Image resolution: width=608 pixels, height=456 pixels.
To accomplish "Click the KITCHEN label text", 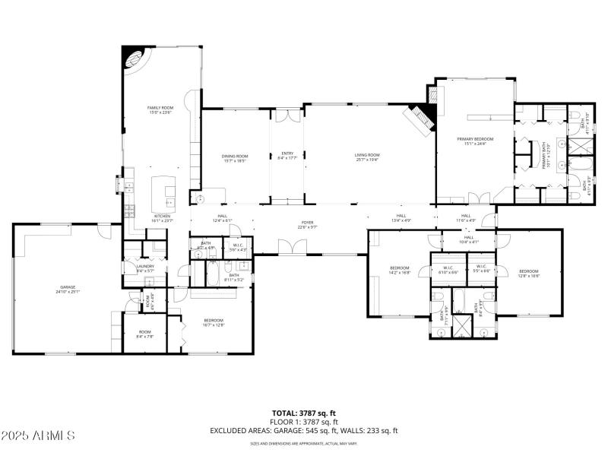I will click(163, 218).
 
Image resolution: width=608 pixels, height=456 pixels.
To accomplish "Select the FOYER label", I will click(306, 224).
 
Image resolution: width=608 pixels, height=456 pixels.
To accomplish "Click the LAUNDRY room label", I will click(145, 268).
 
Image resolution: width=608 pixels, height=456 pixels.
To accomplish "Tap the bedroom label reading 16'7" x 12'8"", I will click(214, 322).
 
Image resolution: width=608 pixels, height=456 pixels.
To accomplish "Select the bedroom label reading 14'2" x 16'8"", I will click(400, 270).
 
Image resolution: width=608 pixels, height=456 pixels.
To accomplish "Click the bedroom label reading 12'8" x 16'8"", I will click(529, 273).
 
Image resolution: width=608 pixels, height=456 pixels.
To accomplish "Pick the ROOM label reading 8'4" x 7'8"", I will click(145, 334).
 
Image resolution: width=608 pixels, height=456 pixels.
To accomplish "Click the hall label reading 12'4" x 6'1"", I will click(223, 218).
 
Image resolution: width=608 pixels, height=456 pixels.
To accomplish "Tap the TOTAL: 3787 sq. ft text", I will click(303, 413).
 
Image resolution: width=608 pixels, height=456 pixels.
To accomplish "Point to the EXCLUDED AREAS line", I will click(303, 430).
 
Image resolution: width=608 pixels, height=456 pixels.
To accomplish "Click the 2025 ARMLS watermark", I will click(38, 435).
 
